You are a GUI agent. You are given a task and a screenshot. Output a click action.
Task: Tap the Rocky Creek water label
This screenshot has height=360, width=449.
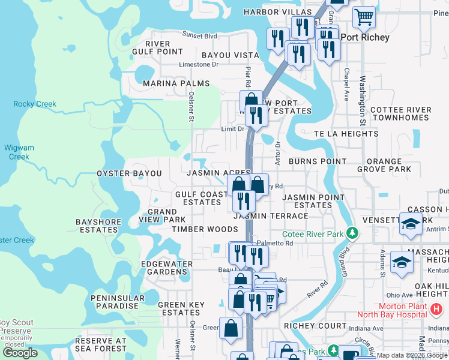click(35, 104)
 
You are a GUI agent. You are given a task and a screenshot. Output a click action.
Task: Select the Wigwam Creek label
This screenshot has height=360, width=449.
click(19, 152)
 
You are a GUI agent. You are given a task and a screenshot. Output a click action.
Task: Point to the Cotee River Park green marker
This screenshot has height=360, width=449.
click(354, 233)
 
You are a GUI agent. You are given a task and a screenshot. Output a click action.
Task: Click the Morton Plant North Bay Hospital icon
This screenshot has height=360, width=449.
click(437, 308)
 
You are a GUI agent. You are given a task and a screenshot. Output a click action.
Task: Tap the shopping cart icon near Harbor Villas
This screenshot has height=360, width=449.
click(364, 18)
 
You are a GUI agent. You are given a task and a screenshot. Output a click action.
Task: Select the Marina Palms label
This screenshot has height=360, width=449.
click(176, 83)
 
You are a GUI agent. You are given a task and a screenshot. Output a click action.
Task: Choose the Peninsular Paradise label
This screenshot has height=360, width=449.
click(118, 302)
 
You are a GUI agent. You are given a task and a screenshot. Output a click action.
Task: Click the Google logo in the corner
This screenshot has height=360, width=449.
click(20, 353)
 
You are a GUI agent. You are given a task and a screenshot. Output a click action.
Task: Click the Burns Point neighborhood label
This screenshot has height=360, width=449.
click(317, 161)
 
